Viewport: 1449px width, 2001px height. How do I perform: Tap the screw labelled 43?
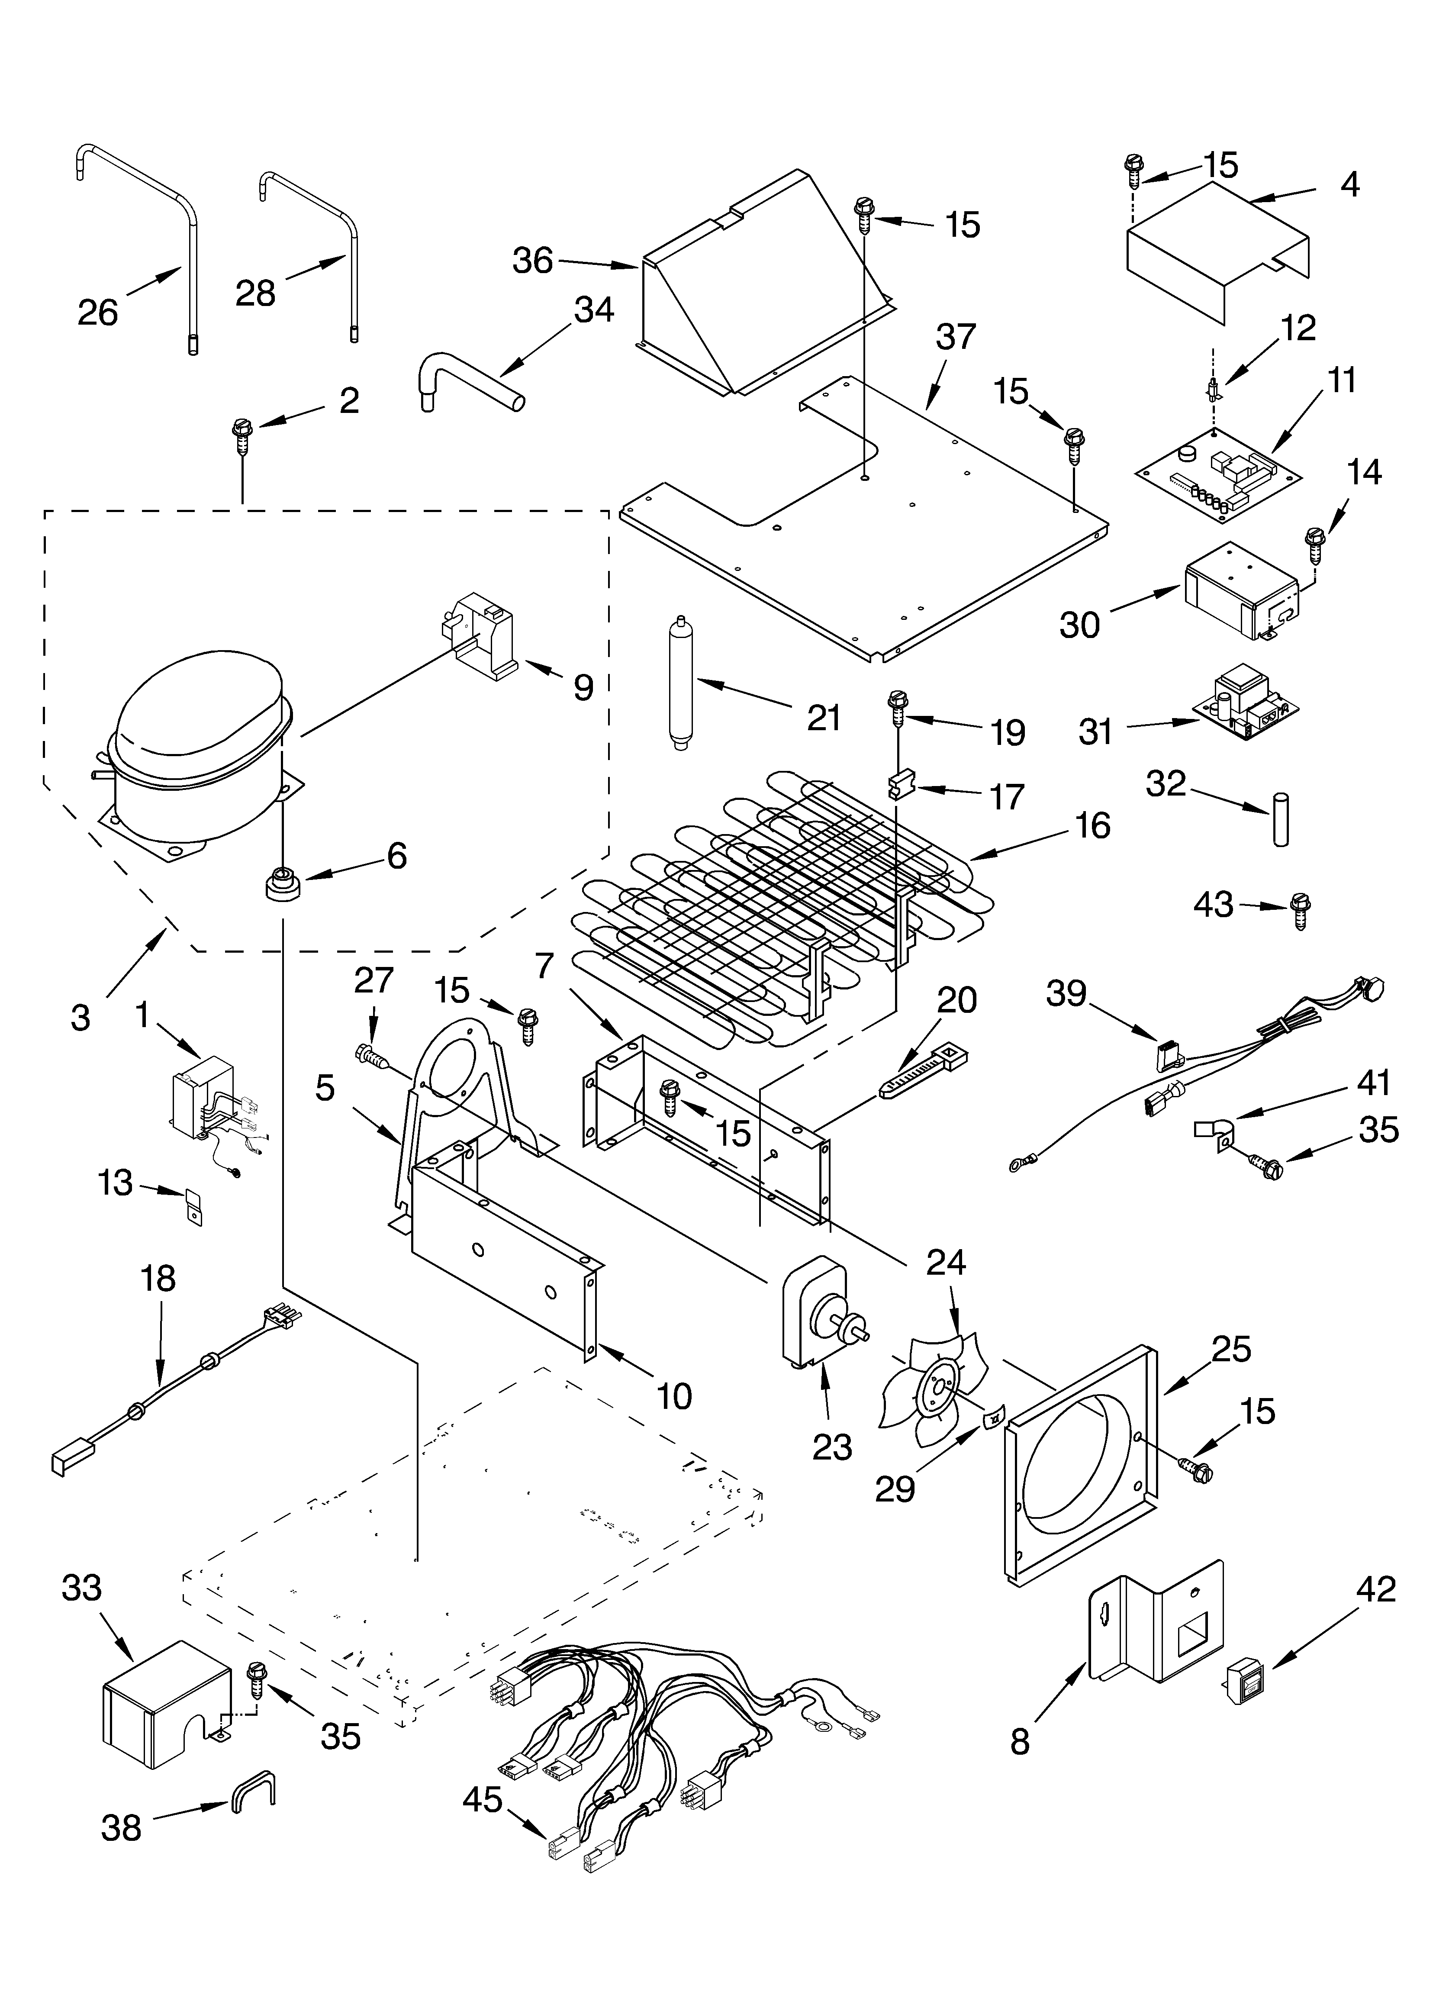[1300, 909]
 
